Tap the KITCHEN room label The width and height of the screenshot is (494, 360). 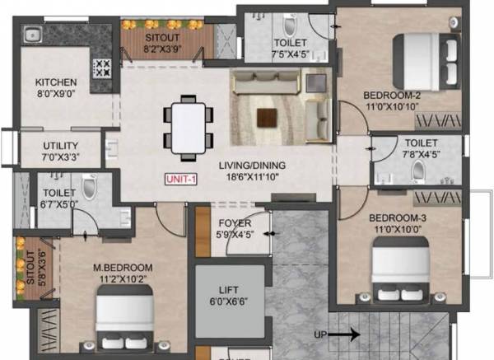point(55,82)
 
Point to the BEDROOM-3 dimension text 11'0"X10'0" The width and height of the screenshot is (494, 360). point(396,229)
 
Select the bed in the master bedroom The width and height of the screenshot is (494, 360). point(125,319)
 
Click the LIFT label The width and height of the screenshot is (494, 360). point(230,290)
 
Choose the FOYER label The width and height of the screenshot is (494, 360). point(234,223)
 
